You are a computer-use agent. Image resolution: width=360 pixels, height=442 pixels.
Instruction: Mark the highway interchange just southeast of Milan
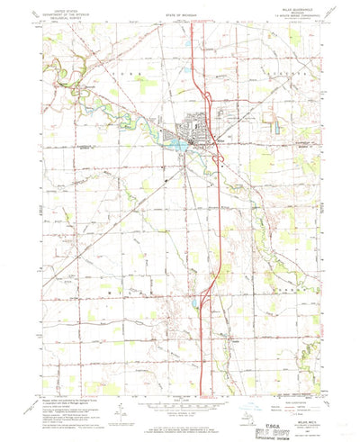[219, 159]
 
